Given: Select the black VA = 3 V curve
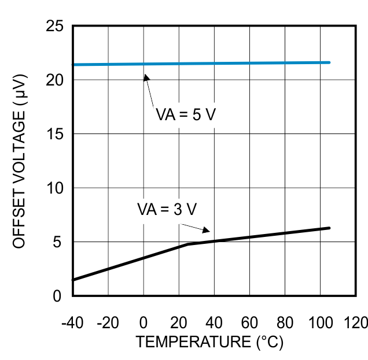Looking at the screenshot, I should tap(272, 234).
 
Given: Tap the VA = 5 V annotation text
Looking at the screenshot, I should tap(185, 114).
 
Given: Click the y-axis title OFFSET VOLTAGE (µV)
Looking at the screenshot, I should tap(20, 161).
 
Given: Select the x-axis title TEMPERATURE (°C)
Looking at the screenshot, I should tap(209, 342).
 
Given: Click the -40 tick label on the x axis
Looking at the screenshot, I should tap(72, 322).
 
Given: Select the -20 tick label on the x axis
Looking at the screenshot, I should tap(108, 322).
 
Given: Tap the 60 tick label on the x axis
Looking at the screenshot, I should tap(249, 322).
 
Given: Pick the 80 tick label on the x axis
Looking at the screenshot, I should tap(285, 322).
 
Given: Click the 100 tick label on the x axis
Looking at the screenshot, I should tap(320, 322).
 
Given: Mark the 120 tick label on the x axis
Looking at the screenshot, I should tap(355, 322).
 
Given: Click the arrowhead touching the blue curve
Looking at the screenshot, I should tap(146, 77).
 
